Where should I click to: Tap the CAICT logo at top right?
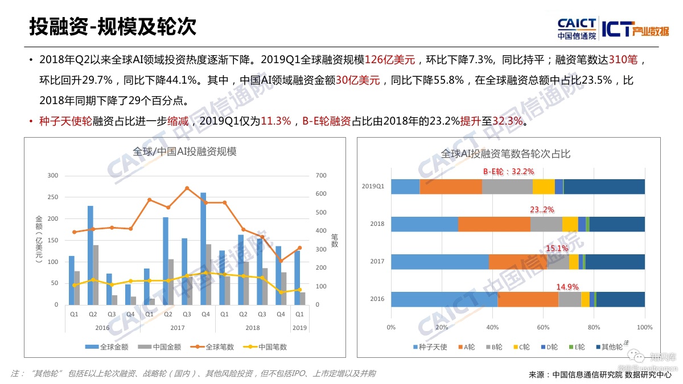click(x=577, y=28)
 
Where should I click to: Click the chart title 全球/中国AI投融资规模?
click(x=184, y=151)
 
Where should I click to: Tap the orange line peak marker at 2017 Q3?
click(x=187, y=188)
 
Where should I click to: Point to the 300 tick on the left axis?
click(x=52, y=176)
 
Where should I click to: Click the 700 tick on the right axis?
click(x=321, y=176)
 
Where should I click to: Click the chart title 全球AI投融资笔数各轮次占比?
click(x=505, y=154)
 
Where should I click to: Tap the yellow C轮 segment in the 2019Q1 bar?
click(x=544, y=187)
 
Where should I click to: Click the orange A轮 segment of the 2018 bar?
click(x=494, y=224)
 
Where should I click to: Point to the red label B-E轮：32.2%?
click(x=508, y=171)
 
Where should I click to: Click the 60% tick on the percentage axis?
click(x=543, y=328)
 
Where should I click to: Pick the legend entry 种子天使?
click(x=429, y=346)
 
